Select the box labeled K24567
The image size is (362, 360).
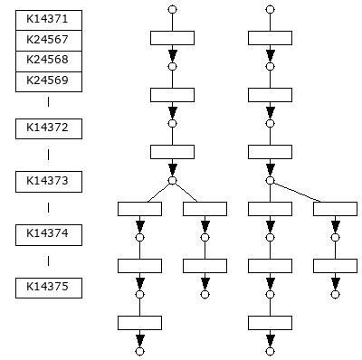[49, 41]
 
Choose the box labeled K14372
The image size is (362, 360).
[49, 128]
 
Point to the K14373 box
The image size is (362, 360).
[49, 181]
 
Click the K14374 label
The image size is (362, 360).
[49, 234]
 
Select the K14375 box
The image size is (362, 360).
[49, 288]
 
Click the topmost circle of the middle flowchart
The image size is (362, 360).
[172, 9]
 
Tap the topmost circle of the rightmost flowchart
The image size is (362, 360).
[270, 9]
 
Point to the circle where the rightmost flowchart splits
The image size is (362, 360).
[270, 180]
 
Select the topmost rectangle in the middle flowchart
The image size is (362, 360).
[172, 37]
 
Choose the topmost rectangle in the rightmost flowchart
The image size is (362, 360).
[270, 37]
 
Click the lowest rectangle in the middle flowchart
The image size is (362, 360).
[139, 322]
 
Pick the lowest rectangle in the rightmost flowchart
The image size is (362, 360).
[270, 322]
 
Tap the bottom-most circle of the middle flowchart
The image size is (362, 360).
[139, 351]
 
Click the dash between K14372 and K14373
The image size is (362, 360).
[49, 155]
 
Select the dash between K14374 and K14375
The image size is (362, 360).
[49, 261]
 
